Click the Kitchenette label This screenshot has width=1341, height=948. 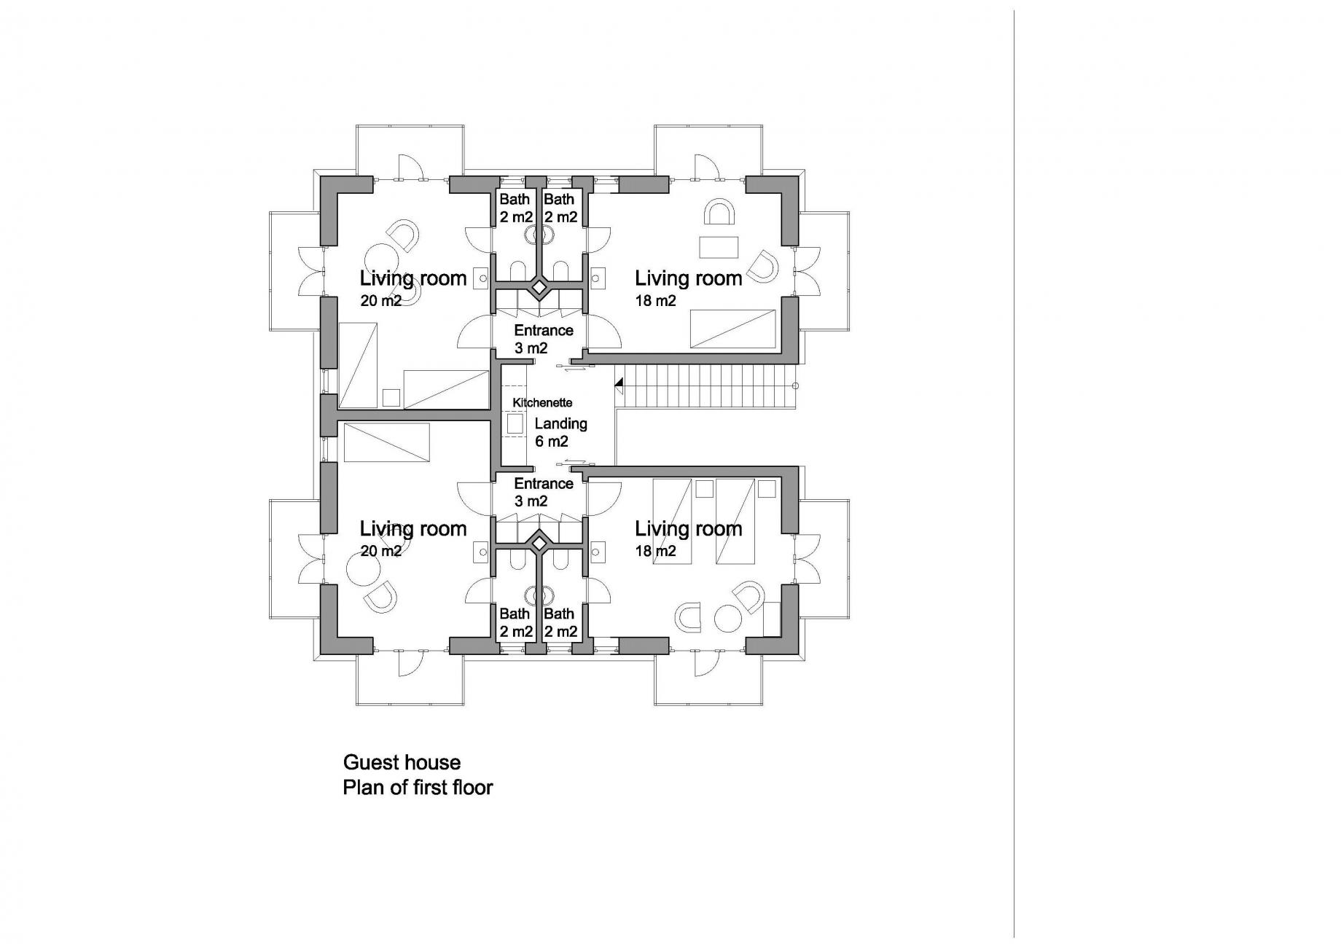(542, 402)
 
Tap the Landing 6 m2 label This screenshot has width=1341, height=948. (560, 432)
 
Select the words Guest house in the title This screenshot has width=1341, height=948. (402, 763)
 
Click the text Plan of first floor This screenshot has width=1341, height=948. (418, 788)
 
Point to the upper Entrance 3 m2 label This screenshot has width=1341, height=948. (543, 339)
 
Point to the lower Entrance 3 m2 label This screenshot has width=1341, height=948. (543, 493)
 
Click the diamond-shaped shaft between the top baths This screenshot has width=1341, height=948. (539, 288)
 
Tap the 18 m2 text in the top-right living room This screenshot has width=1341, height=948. (655, 300)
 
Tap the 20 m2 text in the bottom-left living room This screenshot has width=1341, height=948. (380, 551)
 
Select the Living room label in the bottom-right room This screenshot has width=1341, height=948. (688, 529)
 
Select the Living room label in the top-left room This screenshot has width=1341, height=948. (413, 278)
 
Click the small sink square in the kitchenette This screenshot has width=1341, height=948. (516, 425)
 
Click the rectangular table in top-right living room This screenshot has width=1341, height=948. (719, 247)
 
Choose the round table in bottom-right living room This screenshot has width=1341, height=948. (727, 618)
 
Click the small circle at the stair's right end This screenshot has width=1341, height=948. (795, 385)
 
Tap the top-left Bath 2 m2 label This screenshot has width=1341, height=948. (516, 208)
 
